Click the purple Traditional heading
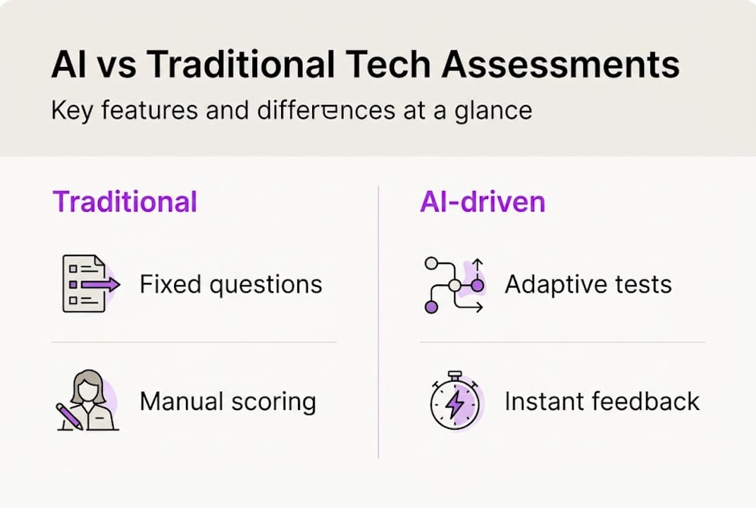tap(125, 202)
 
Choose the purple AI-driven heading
tap(483, 202)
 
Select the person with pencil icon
tap(87, 401)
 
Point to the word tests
tap(643, 285)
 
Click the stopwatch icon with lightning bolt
tap(454, 401)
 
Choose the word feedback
tap(646, 401)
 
